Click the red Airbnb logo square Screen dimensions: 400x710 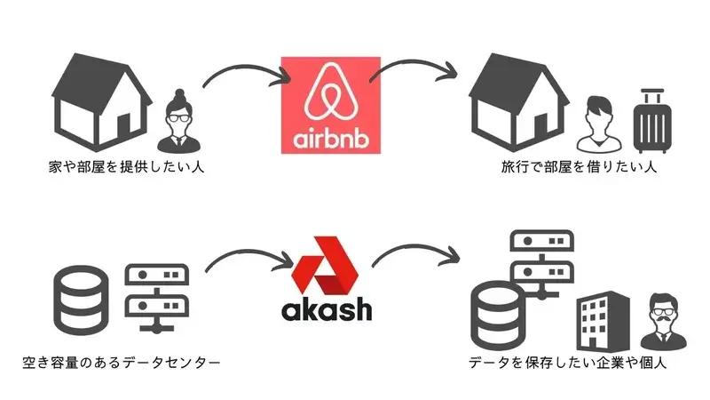click(329, 105)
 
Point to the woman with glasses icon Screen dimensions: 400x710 click(180, 119)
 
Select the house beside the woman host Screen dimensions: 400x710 click(99, 105)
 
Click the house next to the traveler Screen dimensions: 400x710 click(519, 105)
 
